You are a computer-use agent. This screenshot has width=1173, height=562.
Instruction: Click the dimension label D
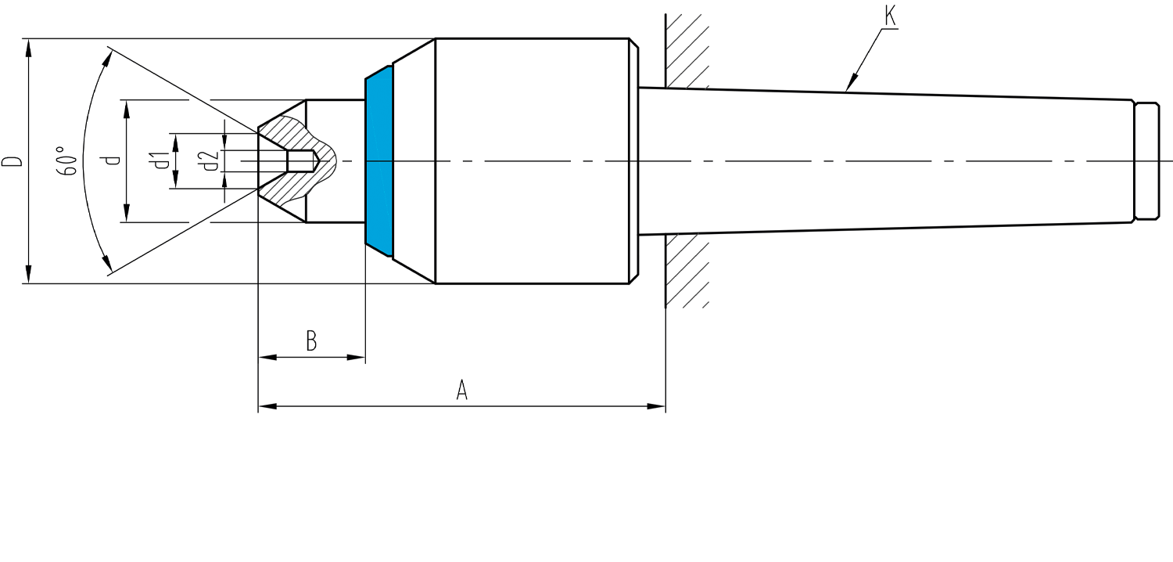(x=13, y=161)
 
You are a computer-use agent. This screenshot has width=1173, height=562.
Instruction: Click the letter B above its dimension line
(x=311, y=340)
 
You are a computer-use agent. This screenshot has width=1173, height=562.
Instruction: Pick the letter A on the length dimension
(x=461, y=390)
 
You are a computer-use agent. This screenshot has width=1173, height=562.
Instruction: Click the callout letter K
(x=890, y=15)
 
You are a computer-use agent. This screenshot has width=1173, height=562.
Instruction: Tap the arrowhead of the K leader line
(x=852, y=83)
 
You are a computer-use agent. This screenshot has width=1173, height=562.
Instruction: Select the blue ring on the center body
(x=379, y=161)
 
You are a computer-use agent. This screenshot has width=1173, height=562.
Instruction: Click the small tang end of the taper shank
(x=1146, y=161)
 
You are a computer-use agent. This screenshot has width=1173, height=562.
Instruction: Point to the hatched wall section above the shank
(x=687, y=51)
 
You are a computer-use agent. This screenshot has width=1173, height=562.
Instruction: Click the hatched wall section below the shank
(x=687, y=271)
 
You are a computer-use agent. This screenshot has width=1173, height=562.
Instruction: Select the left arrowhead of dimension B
(x=267, y=358)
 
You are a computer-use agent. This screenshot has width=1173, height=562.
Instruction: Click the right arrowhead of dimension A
(x=656, y=406)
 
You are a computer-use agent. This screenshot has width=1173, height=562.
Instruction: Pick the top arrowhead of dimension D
(x=28, y=49)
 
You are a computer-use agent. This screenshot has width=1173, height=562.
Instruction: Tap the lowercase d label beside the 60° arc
(x=112, y=160)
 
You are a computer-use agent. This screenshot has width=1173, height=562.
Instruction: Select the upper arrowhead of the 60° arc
(x=106, y=60)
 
